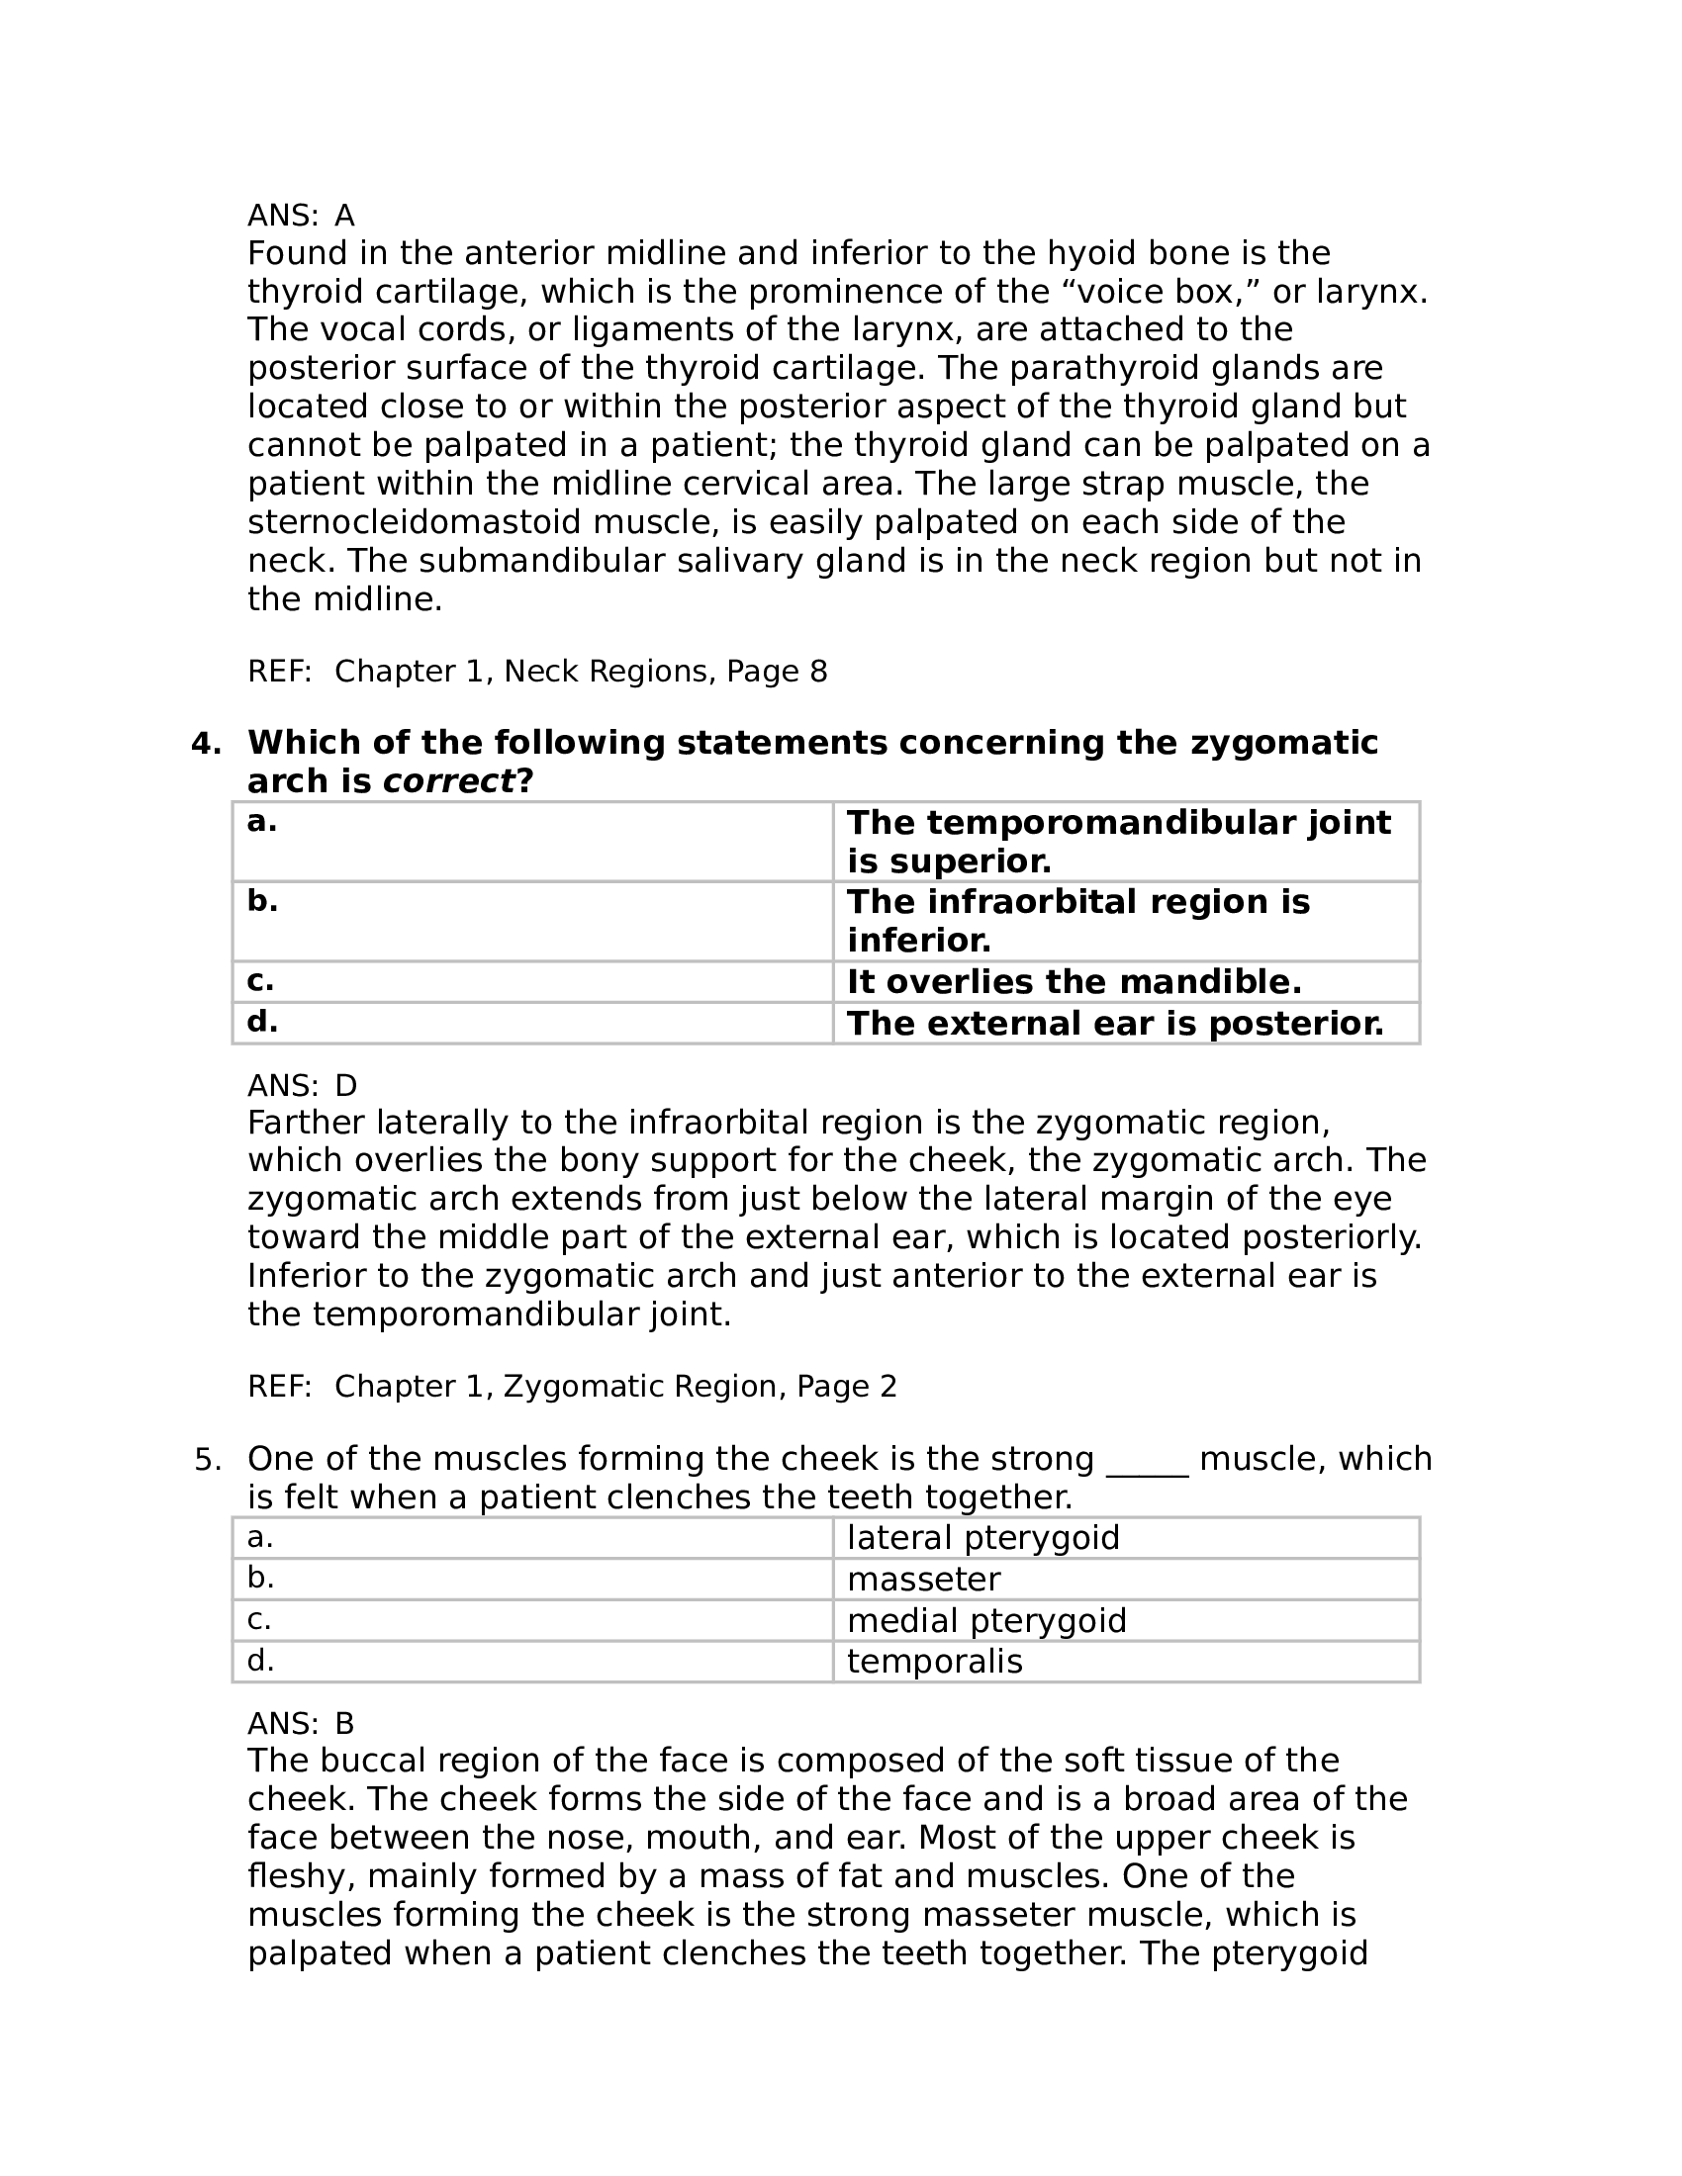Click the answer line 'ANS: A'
click(301, 216)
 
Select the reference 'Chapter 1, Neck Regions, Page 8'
click(580, 672)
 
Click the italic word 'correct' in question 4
click(448, 782)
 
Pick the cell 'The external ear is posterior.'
click(1115, 1024)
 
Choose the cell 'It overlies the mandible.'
click(1075, 982)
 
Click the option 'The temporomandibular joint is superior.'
click(1118, 841)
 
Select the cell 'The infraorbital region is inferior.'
click(1078, 921)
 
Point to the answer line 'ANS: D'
click(302, 1085)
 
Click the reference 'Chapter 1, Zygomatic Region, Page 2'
click(614, 1387)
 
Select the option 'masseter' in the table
click(924, 1580)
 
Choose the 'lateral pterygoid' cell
click(983, 1538)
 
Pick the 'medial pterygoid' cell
click(986, 1620)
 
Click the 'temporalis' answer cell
click(935, 1661)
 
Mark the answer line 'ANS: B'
click(301, 1723)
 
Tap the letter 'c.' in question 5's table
click(259, 1620)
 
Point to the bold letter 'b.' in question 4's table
click(262, 901)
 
